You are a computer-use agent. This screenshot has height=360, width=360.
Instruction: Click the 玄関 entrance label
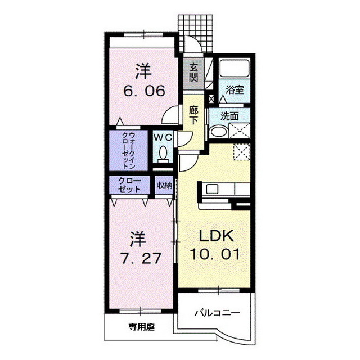193,72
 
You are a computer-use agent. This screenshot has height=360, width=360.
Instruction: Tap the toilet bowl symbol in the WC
163,153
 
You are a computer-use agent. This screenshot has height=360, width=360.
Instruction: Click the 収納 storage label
164,184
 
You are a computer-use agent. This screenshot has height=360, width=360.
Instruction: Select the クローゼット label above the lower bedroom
130,184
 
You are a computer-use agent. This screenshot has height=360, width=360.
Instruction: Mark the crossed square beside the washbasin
241,130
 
